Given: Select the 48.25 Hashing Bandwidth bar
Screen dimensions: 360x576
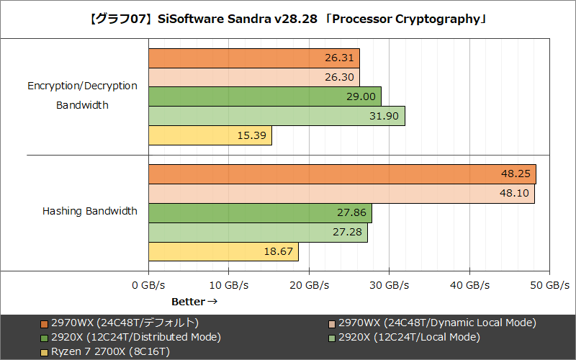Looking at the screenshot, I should coord(342,174).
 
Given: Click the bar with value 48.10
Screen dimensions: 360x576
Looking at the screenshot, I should coord(341,194).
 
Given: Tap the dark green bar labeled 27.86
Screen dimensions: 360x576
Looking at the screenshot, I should coord(260,213).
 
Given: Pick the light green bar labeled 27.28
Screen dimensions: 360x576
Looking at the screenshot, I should coord(258,233).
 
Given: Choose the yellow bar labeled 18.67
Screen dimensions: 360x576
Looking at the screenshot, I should coord(223,252).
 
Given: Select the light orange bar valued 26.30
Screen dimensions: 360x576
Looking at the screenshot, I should coord(254,77).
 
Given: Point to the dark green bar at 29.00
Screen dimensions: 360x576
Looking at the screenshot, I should coord(265,96).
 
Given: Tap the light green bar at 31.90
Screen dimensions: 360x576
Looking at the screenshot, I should coord(276,116).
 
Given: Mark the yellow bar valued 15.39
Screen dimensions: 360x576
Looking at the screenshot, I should coord(210,135).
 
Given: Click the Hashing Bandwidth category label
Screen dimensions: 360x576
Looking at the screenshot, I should coord(90,212).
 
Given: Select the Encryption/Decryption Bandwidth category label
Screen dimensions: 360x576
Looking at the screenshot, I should coord(82,95).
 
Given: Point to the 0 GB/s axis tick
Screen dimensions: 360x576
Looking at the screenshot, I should coord(149,285).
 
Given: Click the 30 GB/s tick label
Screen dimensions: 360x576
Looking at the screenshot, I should coord(389,285).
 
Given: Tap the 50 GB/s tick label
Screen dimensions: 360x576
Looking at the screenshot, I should coord(549,285).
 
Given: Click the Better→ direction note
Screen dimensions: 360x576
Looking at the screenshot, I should coord(194,301).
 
